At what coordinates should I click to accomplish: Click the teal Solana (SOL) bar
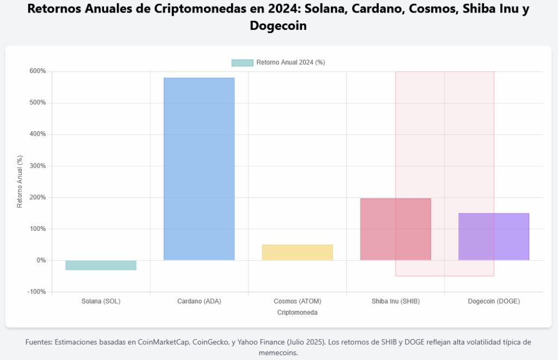101,265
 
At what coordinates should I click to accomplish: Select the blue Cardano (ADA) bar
199,169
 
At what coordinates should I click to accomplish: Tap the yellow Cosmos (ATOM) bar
297,252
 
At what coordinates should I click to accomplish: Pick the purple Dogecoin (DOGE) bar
494,236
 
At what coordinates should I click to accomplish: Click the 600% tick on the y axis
38,71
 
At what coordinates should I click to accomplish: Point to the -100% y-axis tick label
37,292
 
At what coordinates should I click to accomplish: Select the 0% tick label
40,260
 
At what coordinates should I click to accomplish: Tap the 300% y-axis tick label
38,166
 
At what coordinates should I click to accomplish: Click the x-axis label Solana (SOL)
101,301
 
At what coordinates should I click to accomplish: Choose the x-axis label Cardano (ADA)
199,301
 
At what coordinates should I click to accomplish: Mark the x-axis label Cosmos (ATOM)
297,301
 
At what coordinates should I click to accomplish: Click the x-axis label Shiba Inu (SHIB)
396,301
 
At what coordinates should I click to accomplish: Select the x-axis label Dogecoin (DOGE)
494,301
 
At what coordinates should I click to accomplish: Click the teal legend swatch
242,63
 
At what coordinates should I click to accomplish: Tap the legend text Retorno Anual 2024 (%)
290,63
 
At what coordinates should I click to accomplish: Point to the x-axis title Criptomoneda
297,313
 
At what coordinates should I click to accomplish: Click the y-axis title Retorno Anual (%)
20,181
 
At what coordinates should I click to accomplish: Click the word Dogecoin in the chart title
278,25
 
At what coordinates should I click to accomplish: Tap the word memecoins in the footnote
278,352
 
